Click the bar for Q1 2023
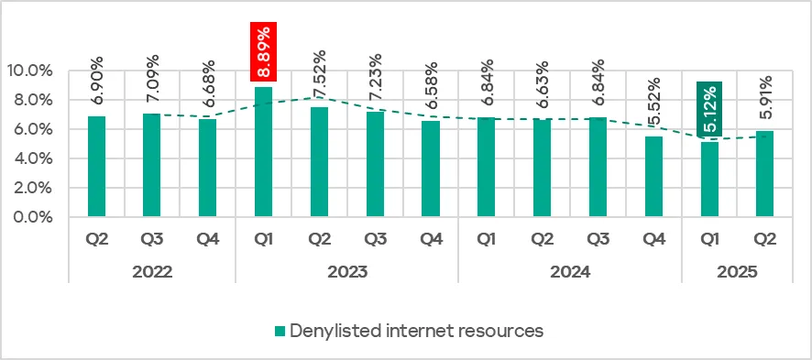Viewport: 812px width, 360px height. click(263, 152)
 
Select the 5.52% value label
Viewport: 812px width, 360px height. click(653, 104)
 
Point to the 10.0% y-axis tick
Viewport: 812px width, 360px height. click(28, 71)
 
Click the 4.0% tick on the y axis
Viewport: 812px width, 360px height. click(32, 158)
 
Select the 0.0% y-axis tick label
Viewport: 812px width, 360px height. click(32, 218)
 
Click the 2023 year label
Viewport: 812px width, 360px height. click(346, 272)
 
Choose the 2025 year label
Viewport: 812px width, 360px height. click(736, 272)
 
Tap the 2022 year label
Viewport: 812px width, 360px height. click(152, 272)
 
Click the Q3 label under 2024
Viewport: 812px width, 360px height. click(598, 241)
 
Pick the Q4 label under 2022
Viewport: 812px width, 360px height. click(208, 241)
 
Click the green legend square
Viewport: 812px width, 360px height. click(280, 331)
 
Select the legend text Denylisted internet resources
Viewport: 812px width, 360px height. click(416, 331)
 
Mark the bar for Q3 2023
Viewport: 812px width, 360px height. click(375, 165)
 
